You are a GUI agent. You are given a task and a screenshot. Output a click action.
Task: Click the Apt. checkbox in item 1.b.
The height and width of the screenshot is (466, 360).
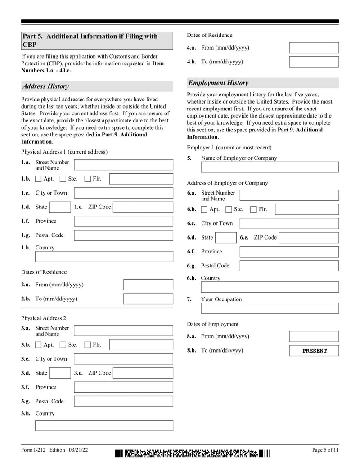[39, 179]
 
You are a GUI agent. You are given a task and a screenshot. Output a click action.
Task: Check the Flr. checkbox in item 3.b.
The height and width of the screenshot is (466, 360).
[88, 345]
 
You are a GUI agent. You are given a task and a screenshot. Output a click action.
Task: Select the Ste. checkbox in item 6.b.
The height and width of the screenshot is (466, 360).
[229, 209]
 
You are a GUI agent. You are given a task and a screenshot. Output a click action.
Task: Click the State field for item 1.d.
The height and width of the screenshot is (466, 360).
[59, 207]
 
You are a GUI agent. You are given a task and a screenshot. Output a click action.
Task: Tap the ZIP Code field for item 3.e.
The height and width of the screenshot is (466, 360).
[143, 373]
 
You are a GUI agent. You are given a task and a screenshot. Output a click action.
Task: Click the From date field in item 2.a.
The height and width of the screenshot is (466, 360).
[148, 285]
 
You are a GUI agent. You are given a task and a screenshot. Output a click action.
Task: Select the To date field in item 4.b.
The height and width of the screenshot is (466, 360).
[314, 62]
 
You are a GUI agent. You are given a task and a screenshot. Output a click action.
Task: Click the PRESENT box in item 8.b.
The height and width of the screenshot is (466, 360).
[314, 351]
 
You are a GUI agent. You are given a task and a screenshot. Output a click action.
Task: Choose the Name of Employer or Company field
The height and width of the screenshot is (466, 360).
[270, 167]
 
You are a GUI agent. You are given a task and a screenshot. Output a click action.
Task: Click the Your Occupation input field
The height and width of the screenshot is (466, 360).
[270, 308]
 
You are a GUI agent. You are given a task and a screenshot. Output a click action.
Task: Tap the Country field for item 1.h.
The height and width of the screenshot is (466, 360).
[104, 257]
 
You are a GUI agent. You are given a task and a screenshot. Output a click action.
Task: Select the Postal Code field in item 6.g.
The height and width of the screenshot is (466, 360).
[289, 266]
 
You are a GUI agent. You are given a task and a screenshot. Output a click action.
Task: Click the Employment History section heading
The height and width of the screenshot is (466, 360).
[218, 83]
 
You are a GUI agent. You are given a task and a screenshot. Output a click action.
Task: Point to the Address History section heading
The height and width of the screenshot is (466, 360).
[45, 86]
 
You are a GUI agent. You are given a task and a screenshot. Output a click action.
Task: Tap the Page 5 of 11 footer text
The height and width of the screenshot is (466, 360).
[325, 450]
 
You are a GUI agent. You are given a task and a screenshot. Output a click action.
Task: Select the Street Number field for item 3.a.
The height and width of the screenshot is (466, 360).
[123, 331]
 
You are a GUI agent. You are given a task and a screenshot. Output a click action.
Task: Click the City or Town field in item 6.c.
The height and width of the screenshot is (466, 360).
[289, 223]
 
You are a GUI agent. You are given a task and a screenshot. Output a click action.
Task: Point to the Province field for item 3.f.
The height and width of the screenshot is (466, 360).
[123, 387]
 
